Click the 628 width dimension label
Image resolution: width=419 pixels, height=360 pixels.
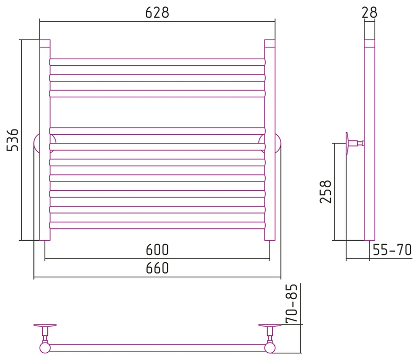tap(157, 12)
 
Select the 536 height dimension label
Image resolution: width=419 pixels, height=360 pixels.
tap(12, 140)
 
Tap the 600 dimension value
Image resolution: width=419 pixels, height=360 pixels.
tap(157, 250)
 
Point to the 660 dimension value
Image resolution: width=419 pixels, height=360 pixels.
tap(157, 268)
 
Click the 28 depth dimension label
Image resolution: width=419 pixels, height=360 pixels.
tap(369, 12)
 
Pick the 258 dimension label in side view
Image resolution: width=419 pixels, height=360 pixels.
tap(325, 192)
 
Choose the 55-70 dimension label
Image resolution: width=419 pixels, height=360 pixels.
tap(392, 250)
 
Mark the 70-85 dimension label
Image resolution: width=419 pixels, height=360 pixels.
tap(291, 303)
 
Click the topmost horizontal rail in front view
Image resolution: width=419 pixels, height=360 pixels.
tap(158, 62)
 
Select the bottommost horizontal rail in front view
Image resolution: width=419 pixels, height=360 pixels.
tap(158, 225)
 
